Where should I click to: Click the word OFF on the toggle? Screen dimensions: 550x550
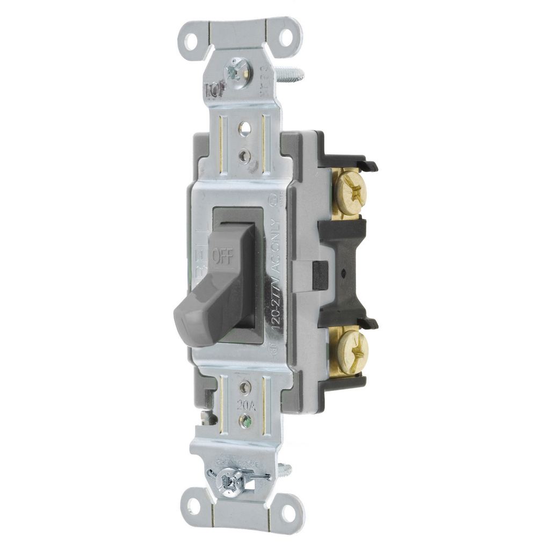[222, 256]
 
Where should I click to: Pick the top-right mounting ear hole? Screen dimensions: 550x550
[286, 37]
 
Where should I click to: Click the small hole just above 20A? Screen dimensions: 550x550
[245, 387]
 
